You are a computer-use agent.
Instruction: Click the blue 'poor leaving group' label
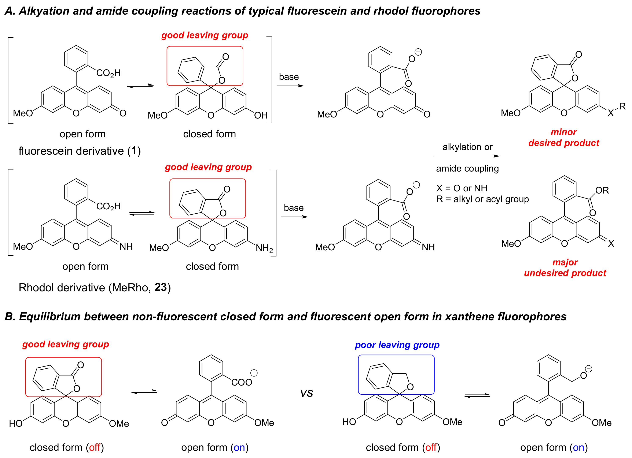(397, 345)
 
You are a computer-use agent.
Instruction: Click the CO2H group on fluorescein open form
(108, 73)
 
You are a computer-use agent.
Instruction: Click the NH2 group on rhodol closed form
(264, 248)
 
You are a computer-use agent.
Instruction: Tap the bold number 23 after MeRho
(161, 287)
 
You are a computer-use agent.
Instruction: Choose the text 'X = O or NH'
(462, 188)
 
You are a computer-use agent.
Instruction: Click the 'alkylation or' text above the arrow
(467, 147)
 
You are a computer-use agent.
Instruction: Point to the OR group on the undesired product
(602, 191)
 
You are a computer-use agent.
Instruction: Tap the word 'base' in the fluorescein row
(289, 77)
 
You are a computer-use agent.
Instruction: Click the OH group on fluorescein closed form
(261, 115)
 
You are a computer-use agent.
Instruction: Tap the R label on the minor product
(622, 106)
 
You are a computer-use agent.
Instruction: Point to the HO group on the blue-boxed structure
(349, 422)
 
